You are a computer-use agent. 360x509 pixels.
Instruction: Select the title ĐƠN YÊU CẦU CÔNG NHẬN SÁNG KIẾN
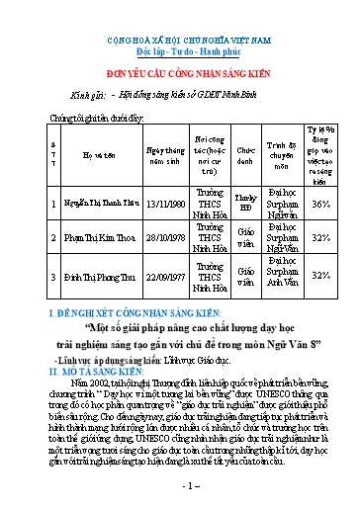point(179,71)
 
